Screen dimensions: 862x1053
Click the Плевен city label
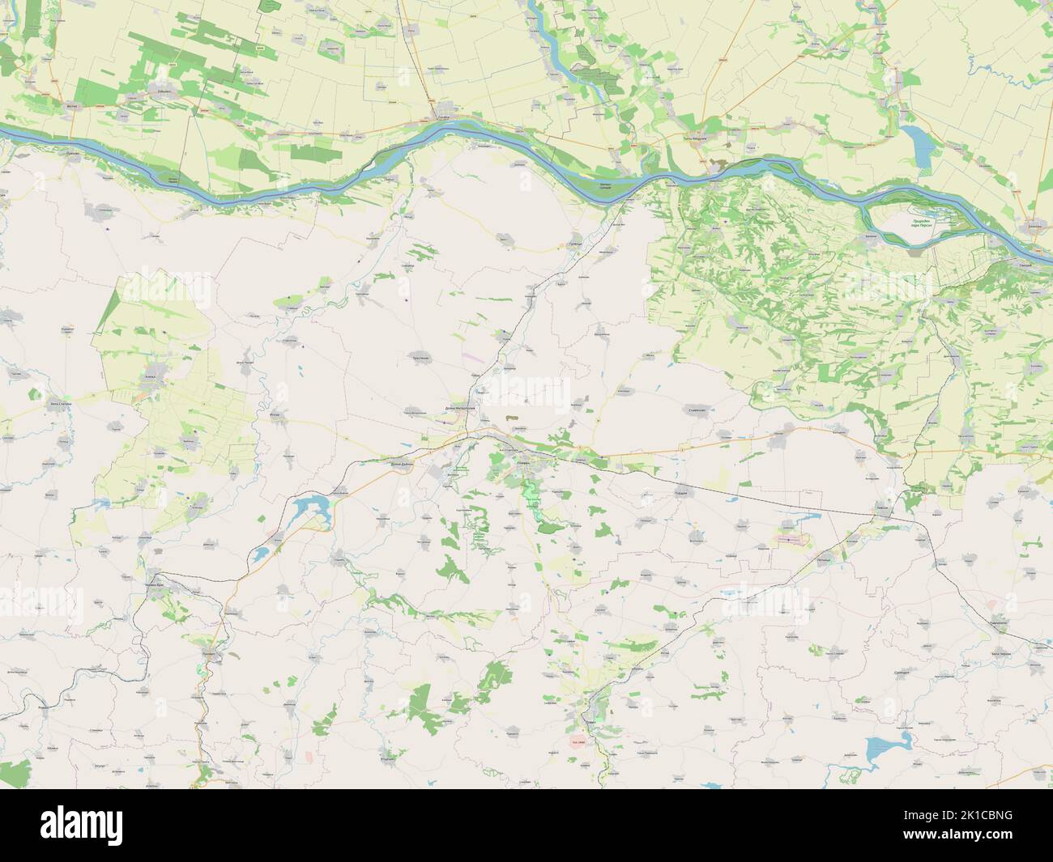point(523,460)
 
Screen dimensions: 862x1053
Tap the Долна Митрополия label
point(466,407)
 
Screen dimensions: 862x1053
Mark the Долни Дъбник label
point(402,465)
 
